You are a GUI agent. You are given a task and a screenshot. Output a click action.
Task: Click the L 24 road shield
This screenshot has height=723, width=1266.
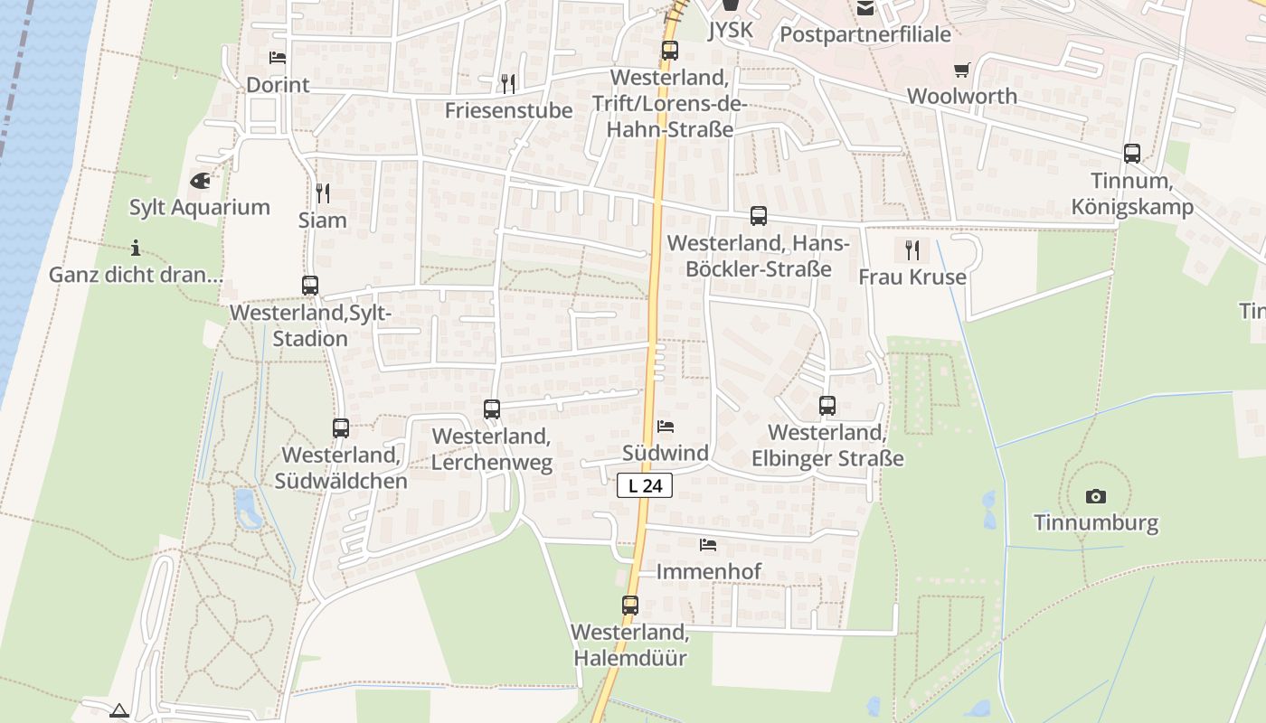coord(646,485)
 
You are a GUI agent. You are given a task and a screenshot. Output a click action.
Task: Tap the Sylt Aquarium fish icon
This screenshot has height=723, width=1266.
coord(200,181)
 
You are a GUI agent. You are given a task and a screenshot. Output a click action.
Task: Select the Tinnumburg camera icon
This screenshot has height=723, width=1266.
coord(1096,496)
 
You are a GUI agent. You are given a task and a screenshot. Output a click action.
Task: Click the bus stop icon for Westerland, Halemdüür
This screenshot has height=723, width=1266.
coord(630,606)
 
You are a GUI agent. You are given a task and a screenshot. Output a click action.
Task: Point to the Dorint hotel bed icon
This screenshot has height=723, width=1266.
coord(278,58)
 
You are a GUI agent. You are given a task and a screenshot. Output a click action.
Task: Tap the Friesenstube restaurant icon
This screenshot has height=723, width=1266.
coord(508,84)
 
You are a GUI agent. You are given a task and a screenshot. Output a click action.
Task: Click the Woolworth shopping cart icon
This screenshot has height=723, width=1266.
coord(961,70)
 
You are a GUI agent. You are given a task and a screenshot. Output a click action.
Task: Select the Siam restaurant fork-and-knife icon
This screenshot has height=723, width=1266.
coord(322,192)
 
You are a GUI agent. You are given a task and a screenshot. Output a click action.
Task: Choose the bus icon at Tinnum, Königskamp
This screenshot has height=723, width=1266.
coord(1132,154)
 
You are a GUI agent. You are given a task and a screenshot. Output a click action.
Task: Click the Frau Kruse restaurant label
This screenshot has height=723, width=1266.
coord(912,277)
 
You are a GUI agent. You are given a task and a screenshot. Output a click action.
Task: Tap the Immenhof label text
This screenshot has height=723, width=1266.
coord(708,571)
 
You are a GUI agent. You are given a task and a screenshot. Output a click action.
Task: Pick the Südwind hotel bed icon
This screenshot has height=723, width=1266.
coord(666,427)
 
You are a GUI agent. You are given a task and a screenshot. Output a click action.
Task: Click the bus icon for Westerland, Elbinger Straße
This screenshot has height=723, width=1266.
coord(827,406)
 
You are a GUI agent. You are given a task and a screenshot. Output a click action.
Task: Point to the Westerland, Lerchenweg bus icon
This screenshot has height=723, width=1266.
coord(492,409)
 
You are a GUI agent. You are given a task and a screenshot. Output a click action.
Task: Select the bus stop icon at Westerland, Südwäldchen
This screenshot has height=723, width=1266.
coord(341,428)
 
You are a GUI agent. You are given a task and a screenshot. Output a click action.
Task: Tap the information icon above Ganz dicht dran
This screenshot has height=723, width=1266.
coord(136,248)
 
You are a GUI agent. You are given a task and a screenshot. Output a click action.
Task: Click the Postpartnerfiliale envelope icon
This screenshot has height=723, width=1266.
coord(865,9)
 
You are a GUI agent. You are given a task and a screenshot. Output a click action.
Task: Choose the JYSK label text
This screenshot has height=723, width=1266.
coord(730,31)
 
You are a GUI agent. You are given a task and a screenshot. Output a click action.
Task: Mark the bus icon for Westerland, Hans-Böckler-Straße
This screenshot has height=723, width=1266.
coord(759,216)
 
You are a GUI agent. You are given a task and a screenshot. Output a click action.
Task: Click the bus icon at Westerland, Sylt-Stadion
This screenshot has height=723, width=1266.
coord(310,286)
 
